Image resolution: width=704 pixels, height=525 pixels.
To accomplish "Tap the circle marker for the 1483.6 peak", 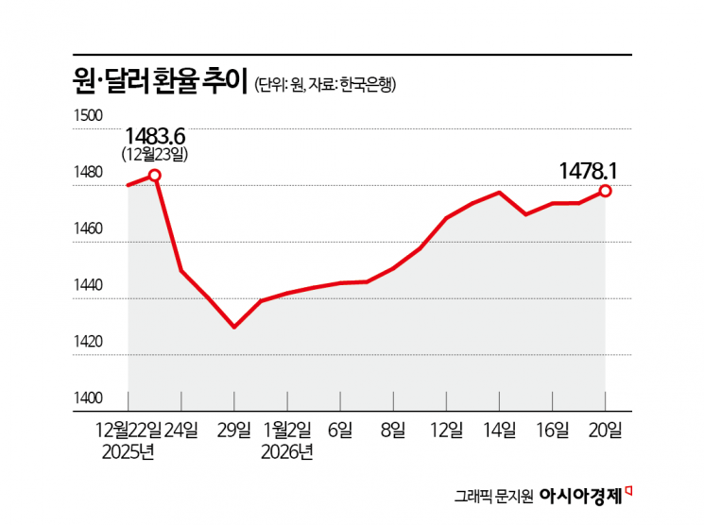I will tap(155, 175).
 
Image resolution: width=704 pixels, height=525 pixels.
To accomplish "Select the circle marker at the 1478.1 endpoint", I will tap(605, 191).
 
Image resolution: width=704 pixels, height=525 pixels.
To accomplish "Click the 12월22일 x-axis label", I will tap(129, 431).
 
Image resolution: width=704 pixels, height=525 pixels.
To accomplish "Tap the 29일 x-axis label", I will tap(234, 431).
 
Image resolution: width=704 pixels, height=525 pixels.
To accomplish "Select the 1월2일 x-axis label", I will tap(286, 431).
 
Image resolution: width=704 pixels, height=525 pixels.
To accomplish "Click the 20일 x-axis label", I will tap(605, 431).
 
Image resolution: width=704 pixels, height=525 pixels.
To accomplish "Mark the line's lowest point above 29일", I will tap(234, 327).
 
